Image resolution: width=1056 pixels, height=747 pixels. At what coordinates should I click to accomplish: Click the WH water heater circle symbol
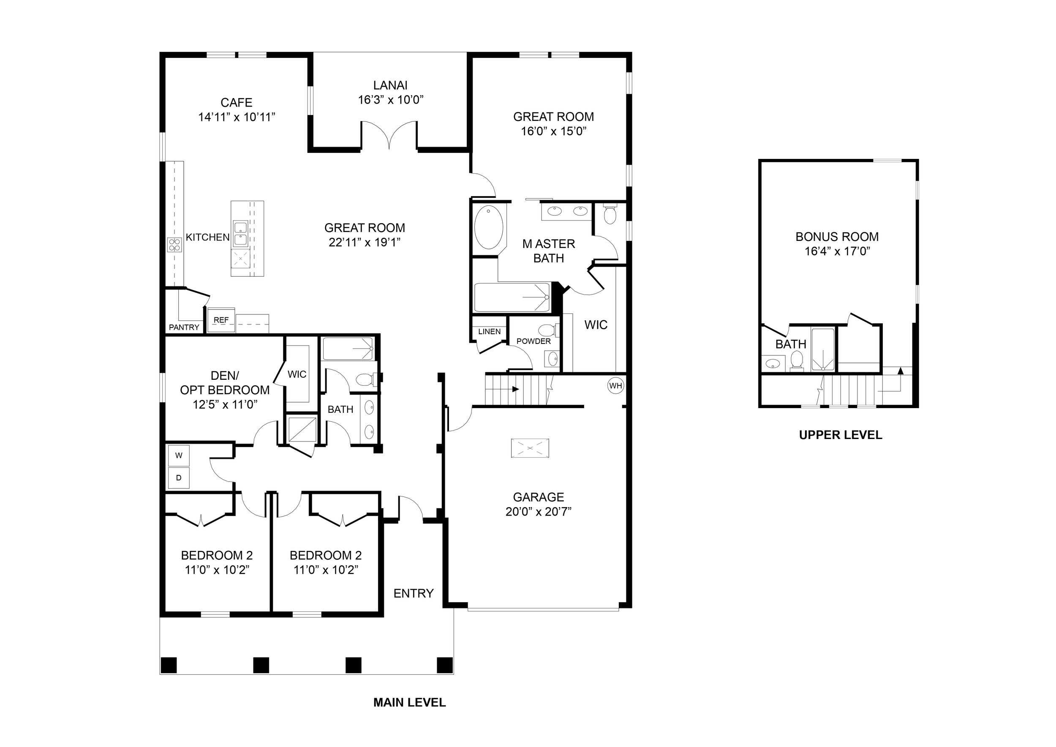click(615, 385)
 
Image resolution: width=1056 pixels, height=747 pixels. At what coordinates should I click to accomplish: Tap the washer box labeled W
click(179, 455)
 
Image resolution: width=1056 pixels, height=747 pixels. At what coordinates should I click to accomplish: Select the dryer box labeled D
click(179, 478)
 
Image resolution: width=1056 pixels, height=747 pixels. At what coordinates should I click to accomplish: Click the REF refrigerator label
click(221, 320)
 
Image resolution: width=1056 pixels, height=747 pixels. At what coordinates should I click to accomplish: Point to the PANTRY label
click(184, 327)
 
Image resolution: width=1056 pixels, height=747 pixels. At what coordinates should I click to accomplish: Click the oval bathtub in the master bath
click(488, 228)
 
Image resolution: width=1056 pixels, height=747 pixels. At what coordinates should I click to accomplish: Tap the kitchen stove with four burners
click(175, 244)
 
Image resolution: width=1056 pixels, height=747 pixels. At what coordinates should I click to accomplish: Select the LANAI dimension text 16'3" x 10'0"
click(390, 100)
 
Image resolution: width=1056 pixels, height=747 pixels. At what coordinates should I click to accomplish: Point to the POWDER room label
click(533, 341)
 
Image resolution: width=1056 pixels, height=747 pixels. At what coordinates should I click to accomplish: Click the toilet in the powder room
click(548, 330)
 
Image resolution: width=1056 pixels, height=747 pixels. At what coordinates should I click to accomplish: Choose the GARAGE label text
click(538, 497)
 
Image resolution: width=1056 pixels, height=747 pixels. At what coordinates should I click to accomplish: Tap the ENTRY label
click(414, 593)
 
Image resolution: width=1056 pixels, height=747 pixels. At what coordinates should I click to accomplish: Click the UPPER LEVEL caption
click(840, 435)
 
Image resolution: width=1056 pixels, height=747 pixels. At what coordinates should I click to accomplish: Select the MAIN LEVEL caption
click(409, 702)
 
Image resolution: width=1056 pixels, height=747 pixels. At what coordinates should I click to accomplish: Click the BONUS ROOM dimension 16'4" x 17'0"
click(837, 251)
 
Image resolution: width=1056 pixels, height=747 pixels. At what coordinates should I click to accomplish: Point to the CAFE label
click(237, 102)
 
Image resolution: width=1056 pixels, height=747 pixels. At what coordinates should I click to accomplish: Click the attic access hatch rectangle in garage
click(530, 447)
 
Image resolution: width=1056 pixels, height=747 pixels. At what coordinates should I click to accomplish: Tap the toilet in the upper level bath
click(797, 361)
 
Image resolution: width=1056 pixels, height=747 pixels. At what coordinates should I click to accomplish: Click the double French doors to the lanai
click(389, 134)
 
